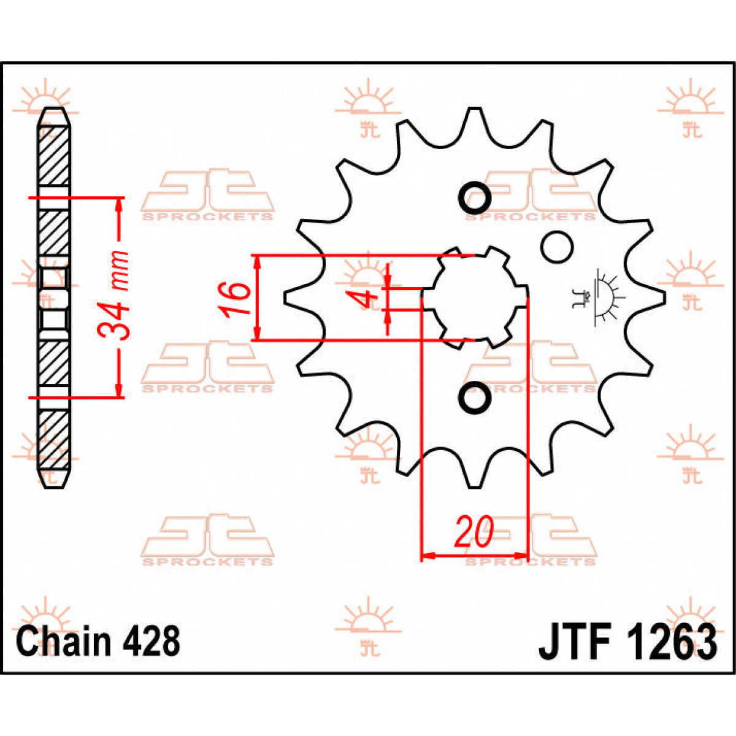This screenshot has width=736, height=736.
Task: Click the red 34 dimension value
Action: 115,322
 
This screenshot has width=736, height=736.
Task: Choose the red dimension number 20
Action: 473,532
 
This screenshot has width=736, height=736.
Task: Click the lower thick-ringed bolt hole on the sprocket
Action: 475,397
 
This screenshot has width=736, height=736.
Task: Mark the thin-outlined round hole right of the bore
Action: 557,247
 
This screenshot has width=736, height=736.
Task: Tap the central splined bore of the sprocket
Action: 474,297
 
